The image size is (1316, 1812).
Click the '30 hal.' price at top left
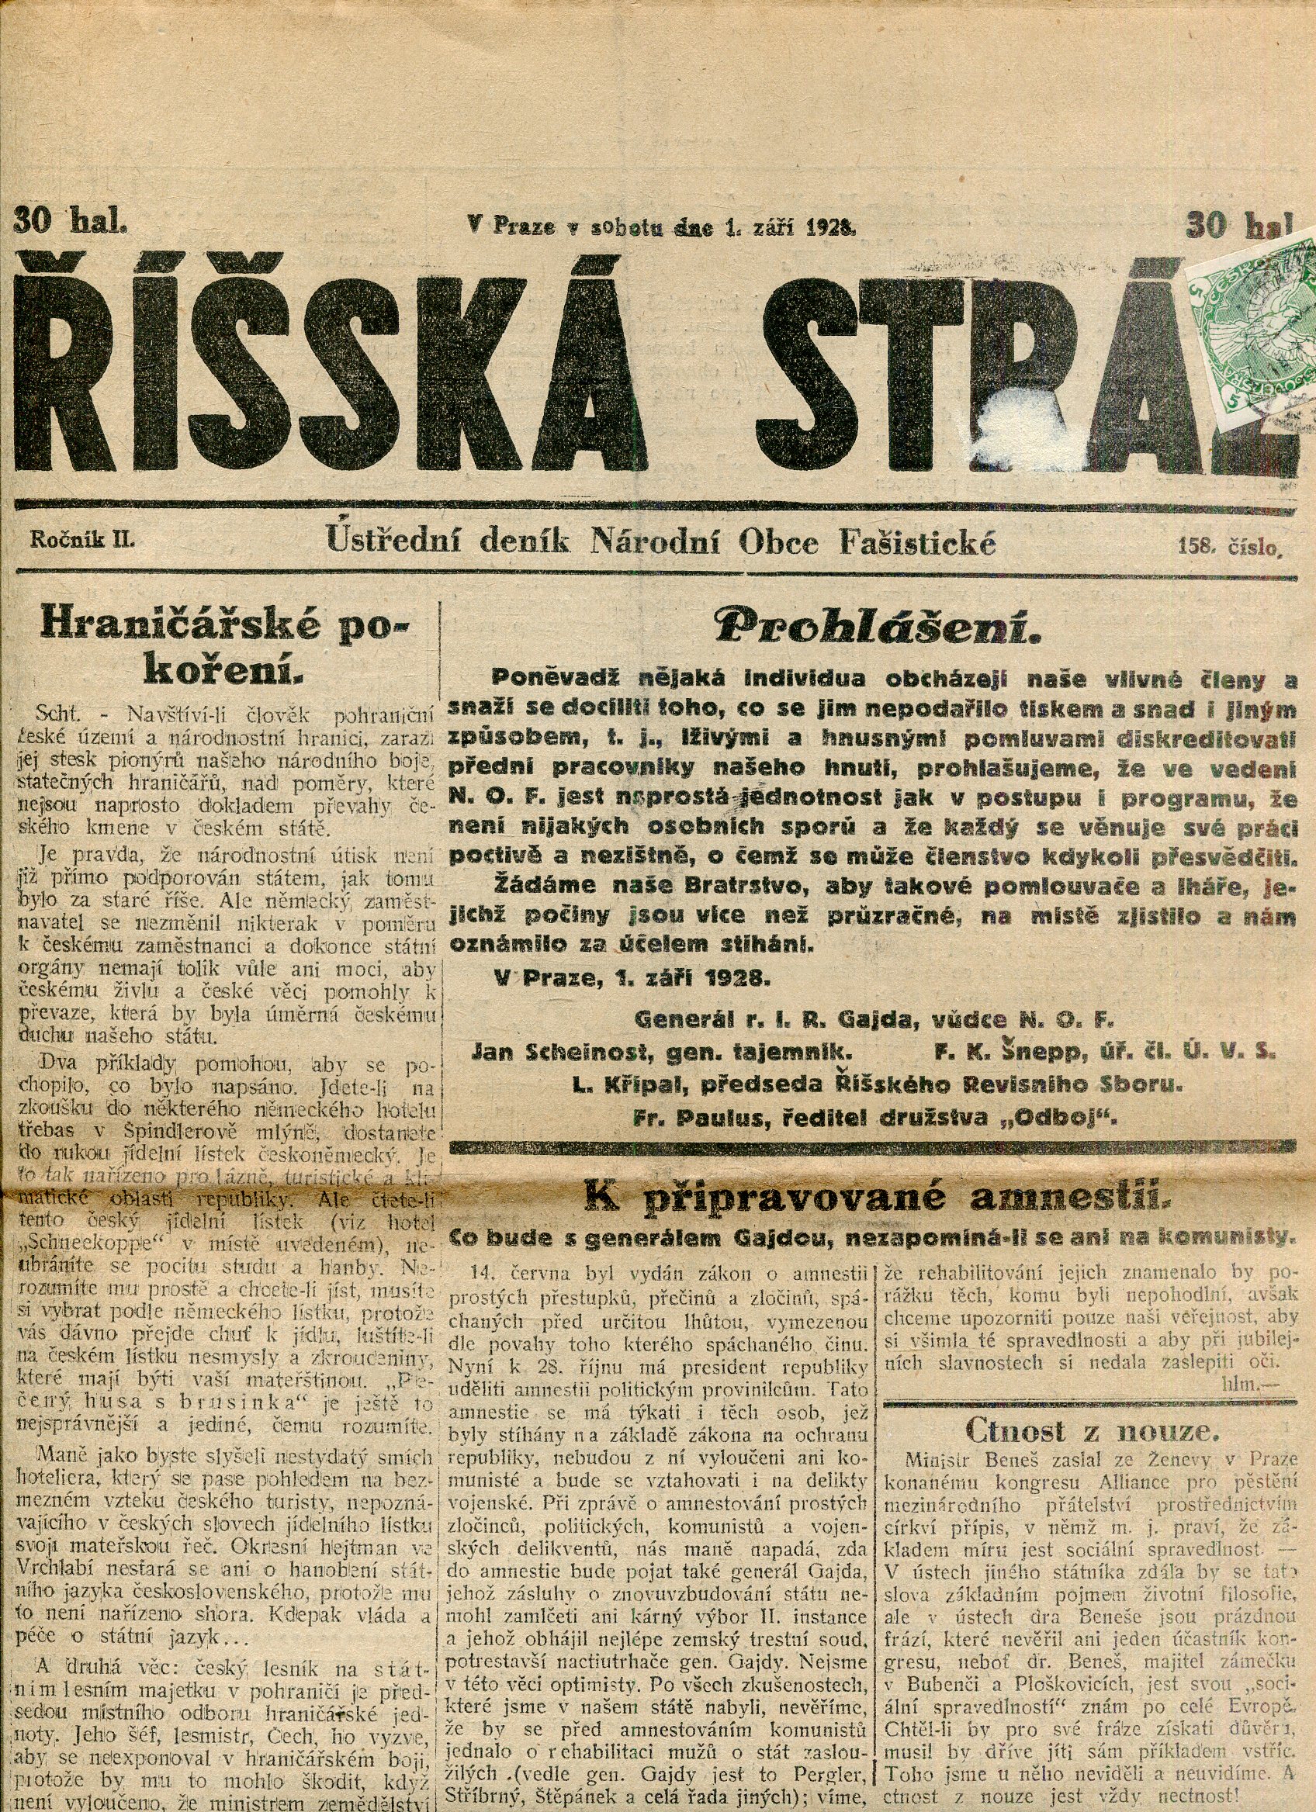coord(71,219)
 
